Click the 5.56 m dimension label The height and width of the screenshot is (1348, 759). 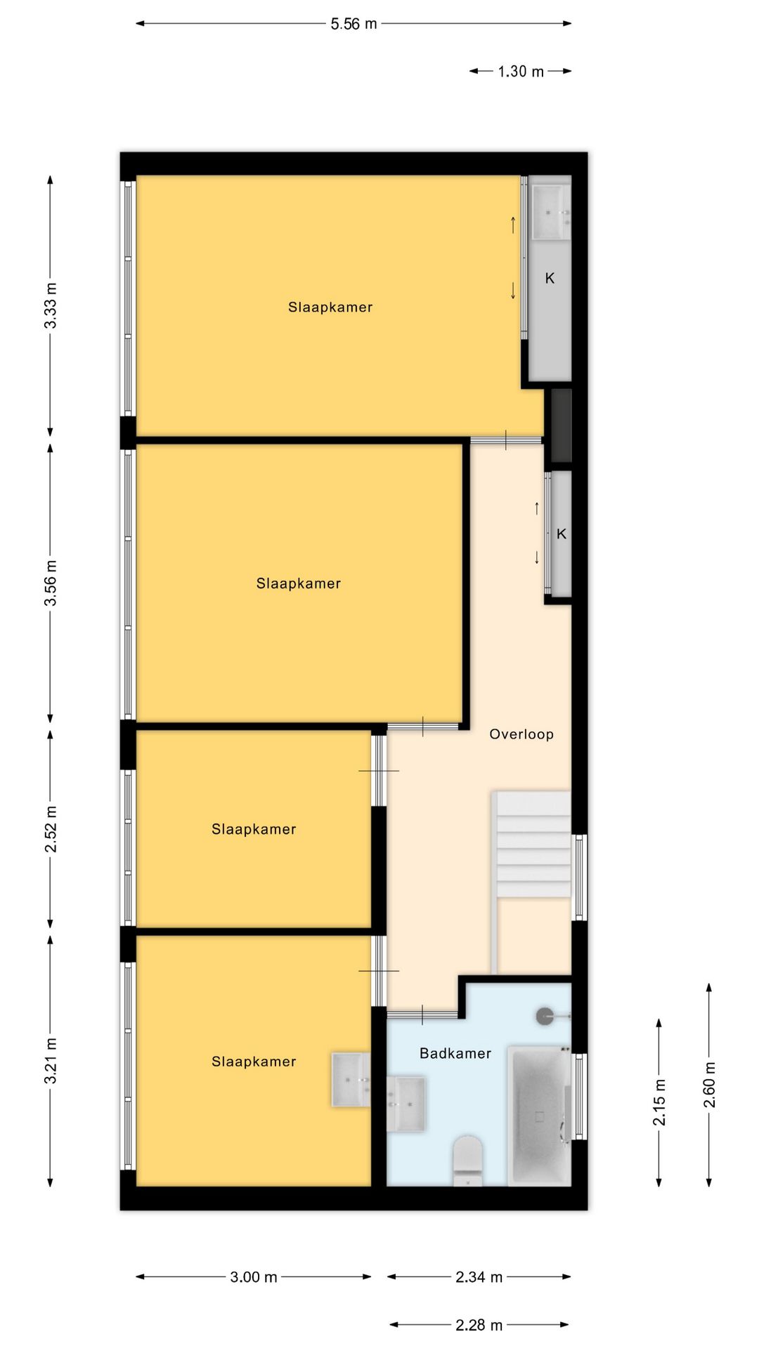click(x=353, y=24)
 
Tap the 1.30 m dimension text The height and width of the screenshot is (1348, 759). click(x=521, y=72)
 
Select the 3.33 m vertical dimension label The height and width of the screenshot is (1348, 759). click(x=51, y=305)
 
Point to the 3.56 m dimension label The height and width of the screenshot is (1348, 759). click(x=51, y=583)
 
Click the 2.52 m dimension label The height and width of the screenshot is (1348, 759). click(x=51, y=830)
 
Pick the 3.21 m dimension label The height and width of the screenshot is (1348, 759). click(x=51, y=1061)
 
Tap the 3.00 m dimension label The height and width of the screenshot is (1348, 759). click(x=254, y=1277)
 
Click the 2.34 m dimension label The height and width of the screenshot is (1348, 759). click(x=479, y=1277)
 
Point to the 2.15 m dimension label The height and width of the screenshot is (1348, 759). click(x=659, y=1102)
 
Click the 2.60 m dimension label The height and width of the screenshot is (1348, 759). click(x=710, y=1085)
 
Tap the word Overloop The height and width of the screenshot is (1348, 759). click(x=521, y=734)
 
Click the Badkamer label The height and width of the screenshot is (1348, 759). click(x=455, y=1053)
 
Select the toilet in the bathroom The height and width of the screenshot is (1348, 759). click(x=468, y=1161)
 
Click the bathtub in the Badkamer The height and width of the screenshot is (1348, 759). click(x=539, y=1116)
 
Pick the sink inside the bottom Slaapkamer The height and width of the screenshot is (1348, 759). click(x=351, y=1080)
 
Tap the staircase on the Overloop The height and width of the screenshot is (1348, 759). click(x=533, y=844)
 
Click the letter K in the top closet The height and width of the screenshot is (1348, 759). click(x=550, y=279)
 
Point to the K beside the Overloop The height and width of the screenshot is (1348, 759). click(x=562, y=534)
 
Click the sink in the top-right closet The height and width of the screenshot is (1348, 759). click(x=551, y=211)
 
